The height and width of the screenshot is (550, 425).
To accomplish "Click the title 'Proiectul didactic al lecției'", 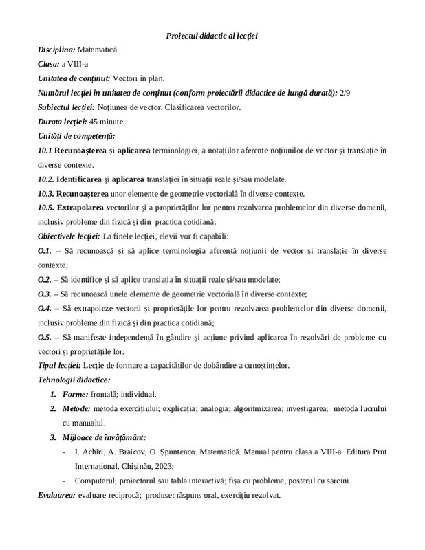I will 212,34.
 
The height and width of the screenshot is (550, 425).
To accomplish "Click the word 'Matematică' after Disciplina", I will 98,49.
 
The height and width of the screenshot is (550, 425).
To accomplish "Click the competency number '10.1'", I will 45,151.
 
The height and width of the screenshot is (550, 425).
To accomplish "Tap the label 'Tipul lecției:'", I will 60,365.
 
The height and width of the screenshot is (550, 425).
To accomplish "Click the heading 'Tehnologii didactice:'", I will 74,379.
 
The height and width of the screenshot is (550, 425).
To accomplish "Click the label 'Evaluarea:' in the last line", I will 57,495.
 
